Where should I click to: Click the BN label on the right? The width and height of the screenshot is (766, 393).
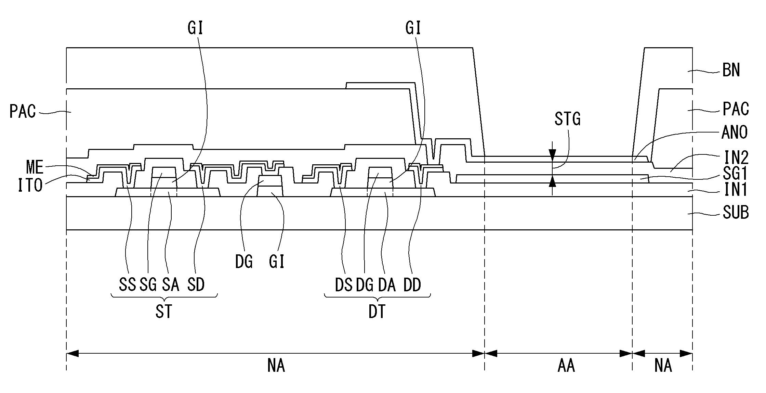(731, 71)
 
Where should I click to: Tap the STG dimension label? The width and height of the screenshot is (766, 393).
(568, 119)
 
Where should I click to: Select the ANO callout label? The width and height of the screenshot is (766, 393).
(735, 132)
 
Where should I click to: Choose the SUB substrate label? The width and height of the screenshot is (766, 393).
(736, 213)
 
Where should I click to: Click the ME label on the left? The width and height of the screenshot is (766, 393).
(35, 168)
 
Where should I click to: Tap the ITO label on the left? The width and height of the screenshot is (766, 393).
(30, 185)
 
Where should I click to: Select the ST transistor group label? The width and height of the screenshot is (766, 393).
(164, 312)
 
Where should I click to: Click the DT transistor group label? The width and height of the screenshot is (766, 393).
(377, 312)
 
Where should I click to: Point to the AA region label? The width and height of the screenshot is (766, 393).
(566, 366)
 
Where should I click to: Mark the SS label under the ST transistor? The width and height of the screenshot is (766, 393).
(128, 284)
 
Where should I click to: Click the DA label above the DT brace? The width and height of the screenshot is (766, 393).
(387, 285)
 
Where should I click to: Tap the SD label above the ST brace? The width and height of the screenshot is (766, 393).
(196, 284)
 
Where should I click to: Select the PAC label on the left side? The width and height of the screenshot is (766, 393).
(23, 112)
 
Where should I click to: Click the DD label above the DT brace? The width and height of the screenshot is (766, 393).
(412, 285)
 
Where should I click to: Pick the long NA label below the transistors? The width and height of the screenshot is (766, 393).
(276, 366)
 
